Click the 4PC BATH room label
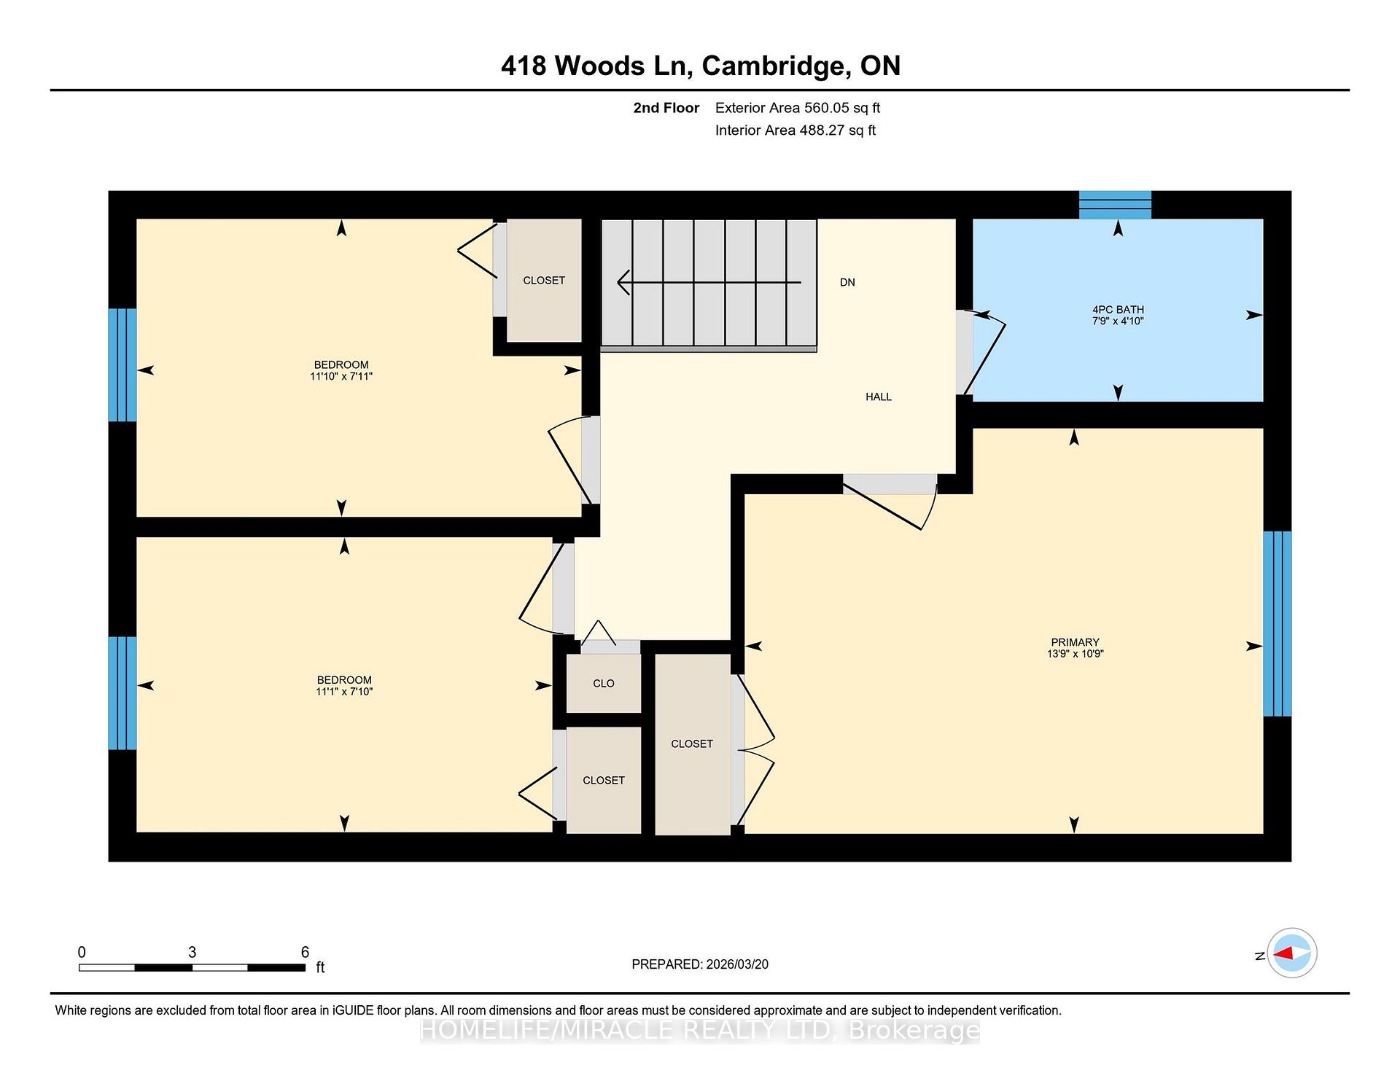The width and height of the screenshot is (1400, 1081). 1118,310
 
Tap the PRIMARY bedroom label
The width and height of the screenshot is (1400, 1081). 1075,643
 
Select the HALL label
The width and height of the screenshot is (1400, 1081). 879,397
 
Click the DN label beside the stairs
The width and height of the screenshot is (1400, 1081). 847,283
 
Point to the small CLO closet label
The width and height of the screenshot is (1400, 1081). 604,684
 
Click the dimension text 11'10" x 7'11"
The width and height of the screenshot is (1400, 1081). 341,377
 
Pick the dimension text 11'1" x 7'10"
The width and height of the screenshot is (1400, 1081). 344,692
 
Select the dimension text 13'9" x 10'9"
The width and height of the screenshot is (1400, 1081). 1076,654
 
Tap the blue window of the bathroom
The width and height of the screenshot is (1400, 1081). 1115,205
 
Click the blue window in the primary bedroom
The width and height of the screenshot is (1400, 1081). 1277,624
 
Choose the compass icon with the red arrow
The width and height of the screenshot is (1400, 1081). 1292,953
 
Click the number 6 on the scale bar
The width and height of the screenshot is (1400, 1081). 305,952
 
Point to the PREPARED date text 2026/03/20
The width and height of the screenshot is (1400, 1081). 737,964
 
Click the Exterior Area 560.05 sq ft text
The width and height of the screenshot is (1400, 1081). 798,108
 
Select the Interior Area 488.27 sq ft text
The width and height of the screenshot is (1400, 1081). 796,130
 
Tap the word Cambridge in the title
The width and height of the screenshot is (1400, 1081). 776,66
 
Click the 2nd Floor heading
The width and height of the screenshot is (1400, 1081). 666,108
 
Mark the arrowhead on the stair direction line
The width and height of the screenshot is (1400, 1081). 623,282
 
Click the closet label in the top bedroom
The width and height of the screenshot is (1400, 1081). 544,281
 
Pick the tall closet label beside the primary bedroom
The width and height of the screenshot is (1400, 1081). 692,744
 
